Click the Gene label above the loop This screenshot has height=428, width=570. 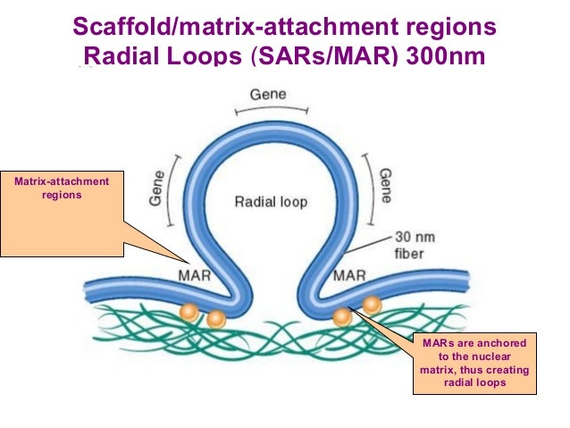tap(268, 95)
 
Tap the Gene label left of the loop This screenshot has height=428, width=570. tap(156, 189)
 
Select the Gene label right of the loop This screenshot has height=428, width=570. tap(385, 186)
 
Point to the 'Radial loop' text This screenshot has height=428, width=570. tap(271, 202)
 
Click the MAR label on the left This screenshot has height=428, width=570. tap(195, 275)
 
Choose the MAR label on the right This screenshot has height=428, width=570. tap(349, 275)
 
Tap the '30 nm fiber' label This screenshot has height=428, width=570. tap(415, 245)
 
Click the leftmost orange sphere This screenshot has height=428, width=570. tap(189, 313)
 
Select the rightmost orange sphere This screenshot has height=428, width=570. tap(372, 305)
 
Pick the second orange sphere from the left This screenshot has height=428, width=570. tap(216, 320)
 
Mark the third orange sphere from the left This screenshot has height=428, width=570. tap(342, 317)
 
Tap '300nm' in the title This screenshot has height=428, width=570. tap(445, 56)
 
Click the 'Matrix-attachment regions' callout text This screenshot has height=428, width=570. tap(62, 188)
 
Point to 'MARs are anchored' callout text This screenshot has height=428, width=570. tap(474, 343)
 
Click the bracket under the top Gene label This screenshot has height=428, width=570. tap(272, 109)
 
